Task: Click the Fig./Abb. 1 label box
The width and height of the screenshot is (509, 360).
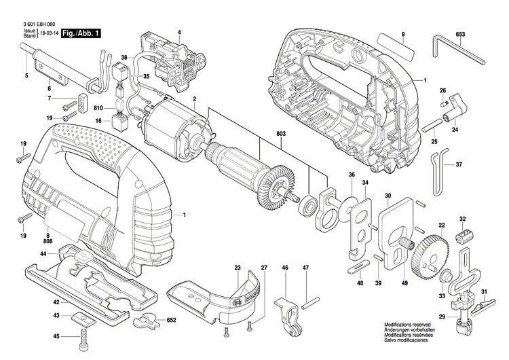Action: pyautogui.click(x=79, y=33)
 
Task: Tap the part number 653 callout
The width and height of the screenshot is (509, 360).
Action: pyautogui.click(x=459, y=33)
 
